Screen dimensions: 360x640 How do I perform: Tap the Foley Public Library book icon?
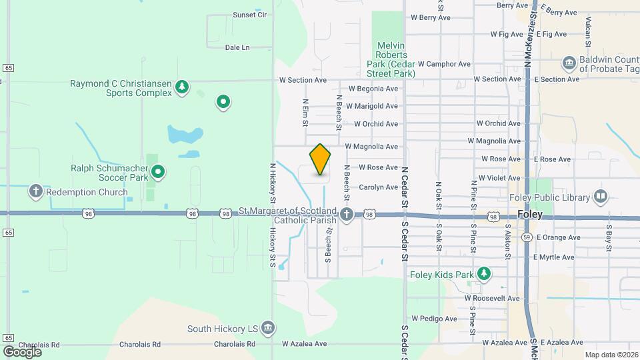coord(601,197)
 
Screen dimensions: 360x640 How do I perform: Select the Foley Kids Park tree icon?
coord(485,274)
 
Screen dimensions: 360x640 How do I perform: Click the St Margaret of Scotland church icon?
coord(346,214)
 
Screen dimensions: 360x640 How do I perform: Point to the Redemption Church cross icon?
coord(36,192)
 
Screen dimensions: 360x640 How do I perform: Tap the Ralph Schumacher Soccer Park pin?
coord(158,173)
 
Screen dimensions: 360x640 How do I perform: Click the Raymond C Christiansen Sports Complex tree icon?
coord(181,87)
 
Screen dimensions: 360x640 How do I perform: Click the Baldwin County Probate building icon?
coord(569,64)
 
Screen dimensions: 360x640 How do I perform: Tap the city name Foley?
coord(530,215)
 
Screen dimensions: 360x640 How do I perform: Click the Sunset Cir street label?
coord(249,14)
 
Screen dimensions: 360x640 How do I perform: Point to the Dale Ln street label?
coord(237,47)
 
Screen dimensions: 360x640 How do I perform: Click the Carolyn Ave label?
coord(378,187)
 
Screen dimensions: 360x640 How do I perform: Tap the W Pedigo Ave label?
coord(434,319)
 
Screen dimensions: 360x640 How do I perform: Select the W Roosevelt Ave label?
coord(492,298)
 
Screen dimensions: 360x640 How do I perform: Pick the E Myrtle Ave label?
coord(553,257)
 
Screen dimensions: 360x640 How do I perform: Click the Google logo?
coord(22,351)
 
